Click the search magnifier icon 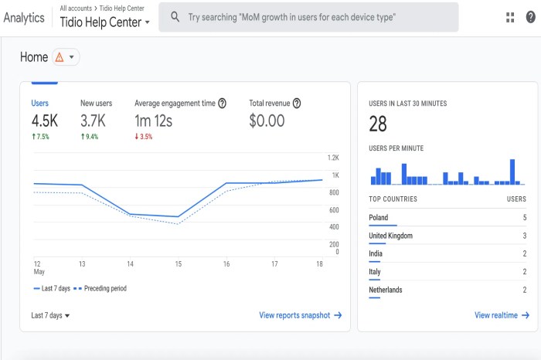tap(175, 17)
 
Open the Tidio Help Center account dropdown tap(105, 22)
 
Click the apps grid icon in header tap(510, 17)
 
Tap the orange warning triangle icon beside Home tap(60, 57)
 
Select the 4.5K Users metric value tap(45, 121)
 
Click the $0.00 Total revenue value tap(267, 121)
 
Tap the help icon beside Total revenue tap(296, 103)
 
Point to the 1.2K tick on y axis tap(333, 158)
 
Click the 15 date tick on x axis tap(178, 264)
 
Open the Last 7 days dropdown tap(50, 315)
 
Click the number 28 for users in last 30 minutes tap(378, 124)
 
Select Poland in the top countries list tap(379, 218)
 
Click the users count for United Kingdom tap(525, 236)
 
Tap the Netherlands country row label tap(386, 290)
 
